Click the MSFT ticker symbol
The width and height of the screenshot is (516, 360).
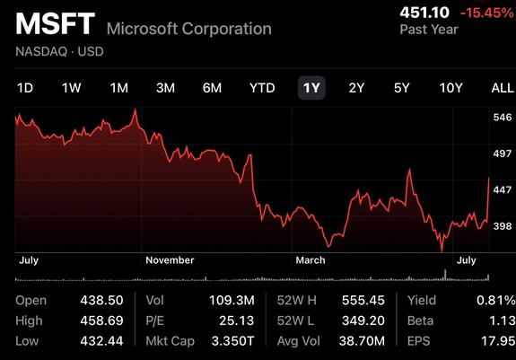pos(56,23)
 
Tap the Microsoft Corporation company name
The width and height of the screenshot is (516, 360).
pos(189,29)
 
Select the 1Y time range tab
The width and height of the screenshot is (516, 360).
pos(311,88)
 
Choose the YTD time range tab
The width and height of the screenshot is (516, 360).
pos(262,88)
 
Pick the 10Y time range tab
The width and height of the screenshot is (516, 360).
pos(450,88)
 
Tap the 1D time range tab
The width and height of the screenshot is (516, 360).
pos(25,88)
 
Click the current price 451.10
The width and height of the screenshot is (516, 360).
pos(424,13)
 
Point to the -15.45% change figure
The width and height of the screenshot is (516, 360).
pos(487,13)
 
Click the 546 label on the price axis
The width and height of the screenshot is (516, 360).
pos(503,117)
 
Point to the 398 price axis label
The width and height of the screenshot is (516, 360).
pos(503,226)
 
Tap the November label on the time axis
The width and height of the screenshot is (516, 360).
pos(170,260)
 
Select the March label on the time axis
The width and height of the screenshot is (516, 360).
pos(310,260)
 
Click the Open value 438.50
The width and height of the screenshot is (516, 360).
pos(101,300)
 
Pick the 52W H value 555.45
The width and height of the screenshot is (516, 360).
pos(363,300)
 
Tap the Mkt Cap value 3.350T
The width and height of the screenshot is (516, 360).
pos(233,341)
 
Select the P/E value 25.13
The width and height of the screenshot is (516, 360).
pos(237,320)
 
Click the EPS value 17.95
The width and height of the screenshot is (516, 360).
pos(498,341)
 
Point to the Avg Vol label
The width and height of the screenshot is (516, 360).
pos(299,341)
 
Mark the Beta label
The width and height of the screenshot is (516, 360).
pos(420,320)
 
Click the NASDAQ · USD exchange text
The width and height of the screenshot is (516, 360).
pos(59,51)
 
